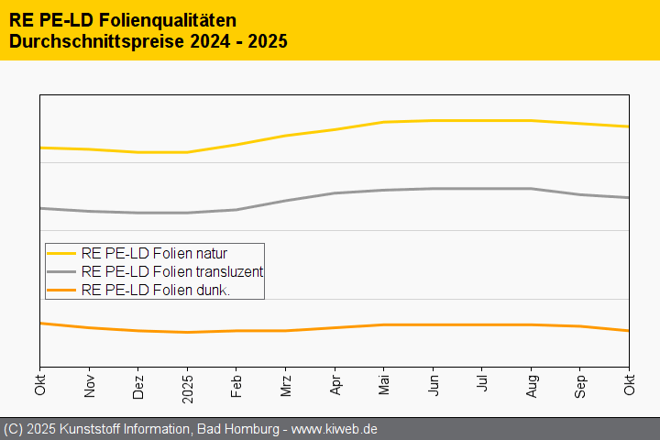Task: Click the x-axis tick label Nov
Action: point(89,385)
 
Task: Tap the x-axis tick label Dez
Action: point(138,385)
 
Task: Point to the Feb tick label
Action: point(236,385)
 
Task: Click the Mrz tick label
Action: point(286,385)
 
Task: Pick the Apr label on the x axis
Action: point(335,385)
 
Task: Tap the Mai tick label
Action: point(384,385)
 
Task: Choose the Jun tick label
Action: point(433,385)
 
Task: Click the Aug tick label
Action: point(531,385)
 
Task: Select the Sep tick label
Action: point(580,385)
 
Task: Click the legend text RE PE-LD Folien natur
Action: point(154,253)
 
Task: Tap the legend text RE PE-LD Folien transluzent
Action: point(172,271)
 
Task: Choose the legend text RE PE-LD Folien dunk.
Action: point(155,290)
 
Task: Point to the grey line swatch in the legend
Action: point(61,271)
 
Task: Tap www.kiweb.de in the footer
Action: point(335,429)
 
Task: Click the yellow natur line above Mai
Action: point(384,122)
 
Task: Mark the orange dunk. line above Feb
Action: point(236,331)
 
